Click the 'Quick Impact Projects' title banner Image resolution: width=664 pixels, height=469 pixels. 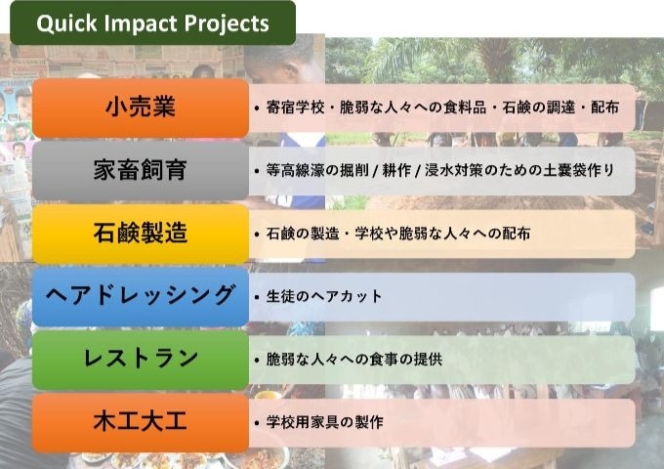click(x=153, y=22)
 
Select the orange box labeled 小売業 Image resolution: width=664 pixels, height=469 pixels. click(x=141, y=107)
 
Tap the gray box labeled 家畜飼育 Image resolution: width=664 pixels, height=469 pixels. click(x=141, y=170)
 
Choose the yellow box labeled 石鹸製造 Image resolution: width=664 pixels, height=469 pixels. click(x=141, y=234)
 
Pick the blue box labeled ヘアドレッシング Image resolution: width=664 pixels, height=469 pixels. click(x=141, y=296)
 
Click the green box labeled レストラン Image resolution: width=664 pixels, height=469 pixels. click(x=141, y=360)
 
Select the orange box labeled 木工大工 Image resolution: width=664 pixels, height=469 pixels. click(x=141, y=422)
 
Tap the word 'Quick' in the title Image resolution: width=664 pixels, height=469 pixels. click(x=67, y=23)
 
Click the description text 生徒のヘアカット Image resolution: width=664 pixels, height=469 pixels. click(x=324, y=296)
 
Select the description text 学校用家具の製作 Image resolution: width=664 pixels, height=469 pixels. click(x=324, y=422)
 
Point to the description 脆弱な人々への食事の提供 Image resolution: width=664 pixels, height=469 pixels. click(x=354, y=360)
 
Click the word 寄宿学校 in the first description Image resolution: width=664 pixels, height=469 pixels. click(x=295, y=107)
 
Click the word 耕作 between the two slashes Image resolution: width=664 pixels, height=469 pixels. click(x=396, y=170)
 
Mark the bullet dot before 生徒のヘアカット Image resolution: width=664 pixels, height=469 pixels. click(x=257, y=297)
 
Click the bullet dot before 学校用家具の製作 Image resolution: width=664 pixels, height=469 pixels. click(x=257, y=423)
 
